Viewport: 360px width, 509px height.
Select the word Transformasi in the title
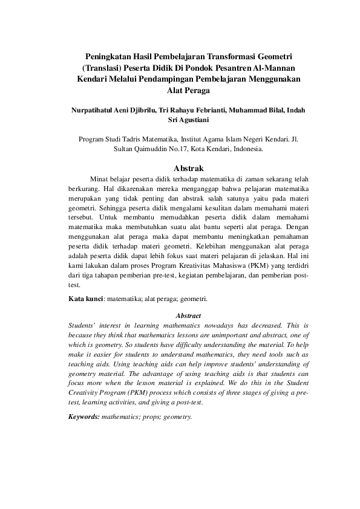[x=232, y=55]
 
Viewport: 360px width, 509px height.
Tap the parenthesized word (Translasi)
[x=105, y=66]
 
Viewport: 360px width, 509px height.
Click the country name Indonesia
[x=245, y=149]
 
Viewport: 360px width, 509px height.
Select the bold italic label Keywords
[x=83, y=434]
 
